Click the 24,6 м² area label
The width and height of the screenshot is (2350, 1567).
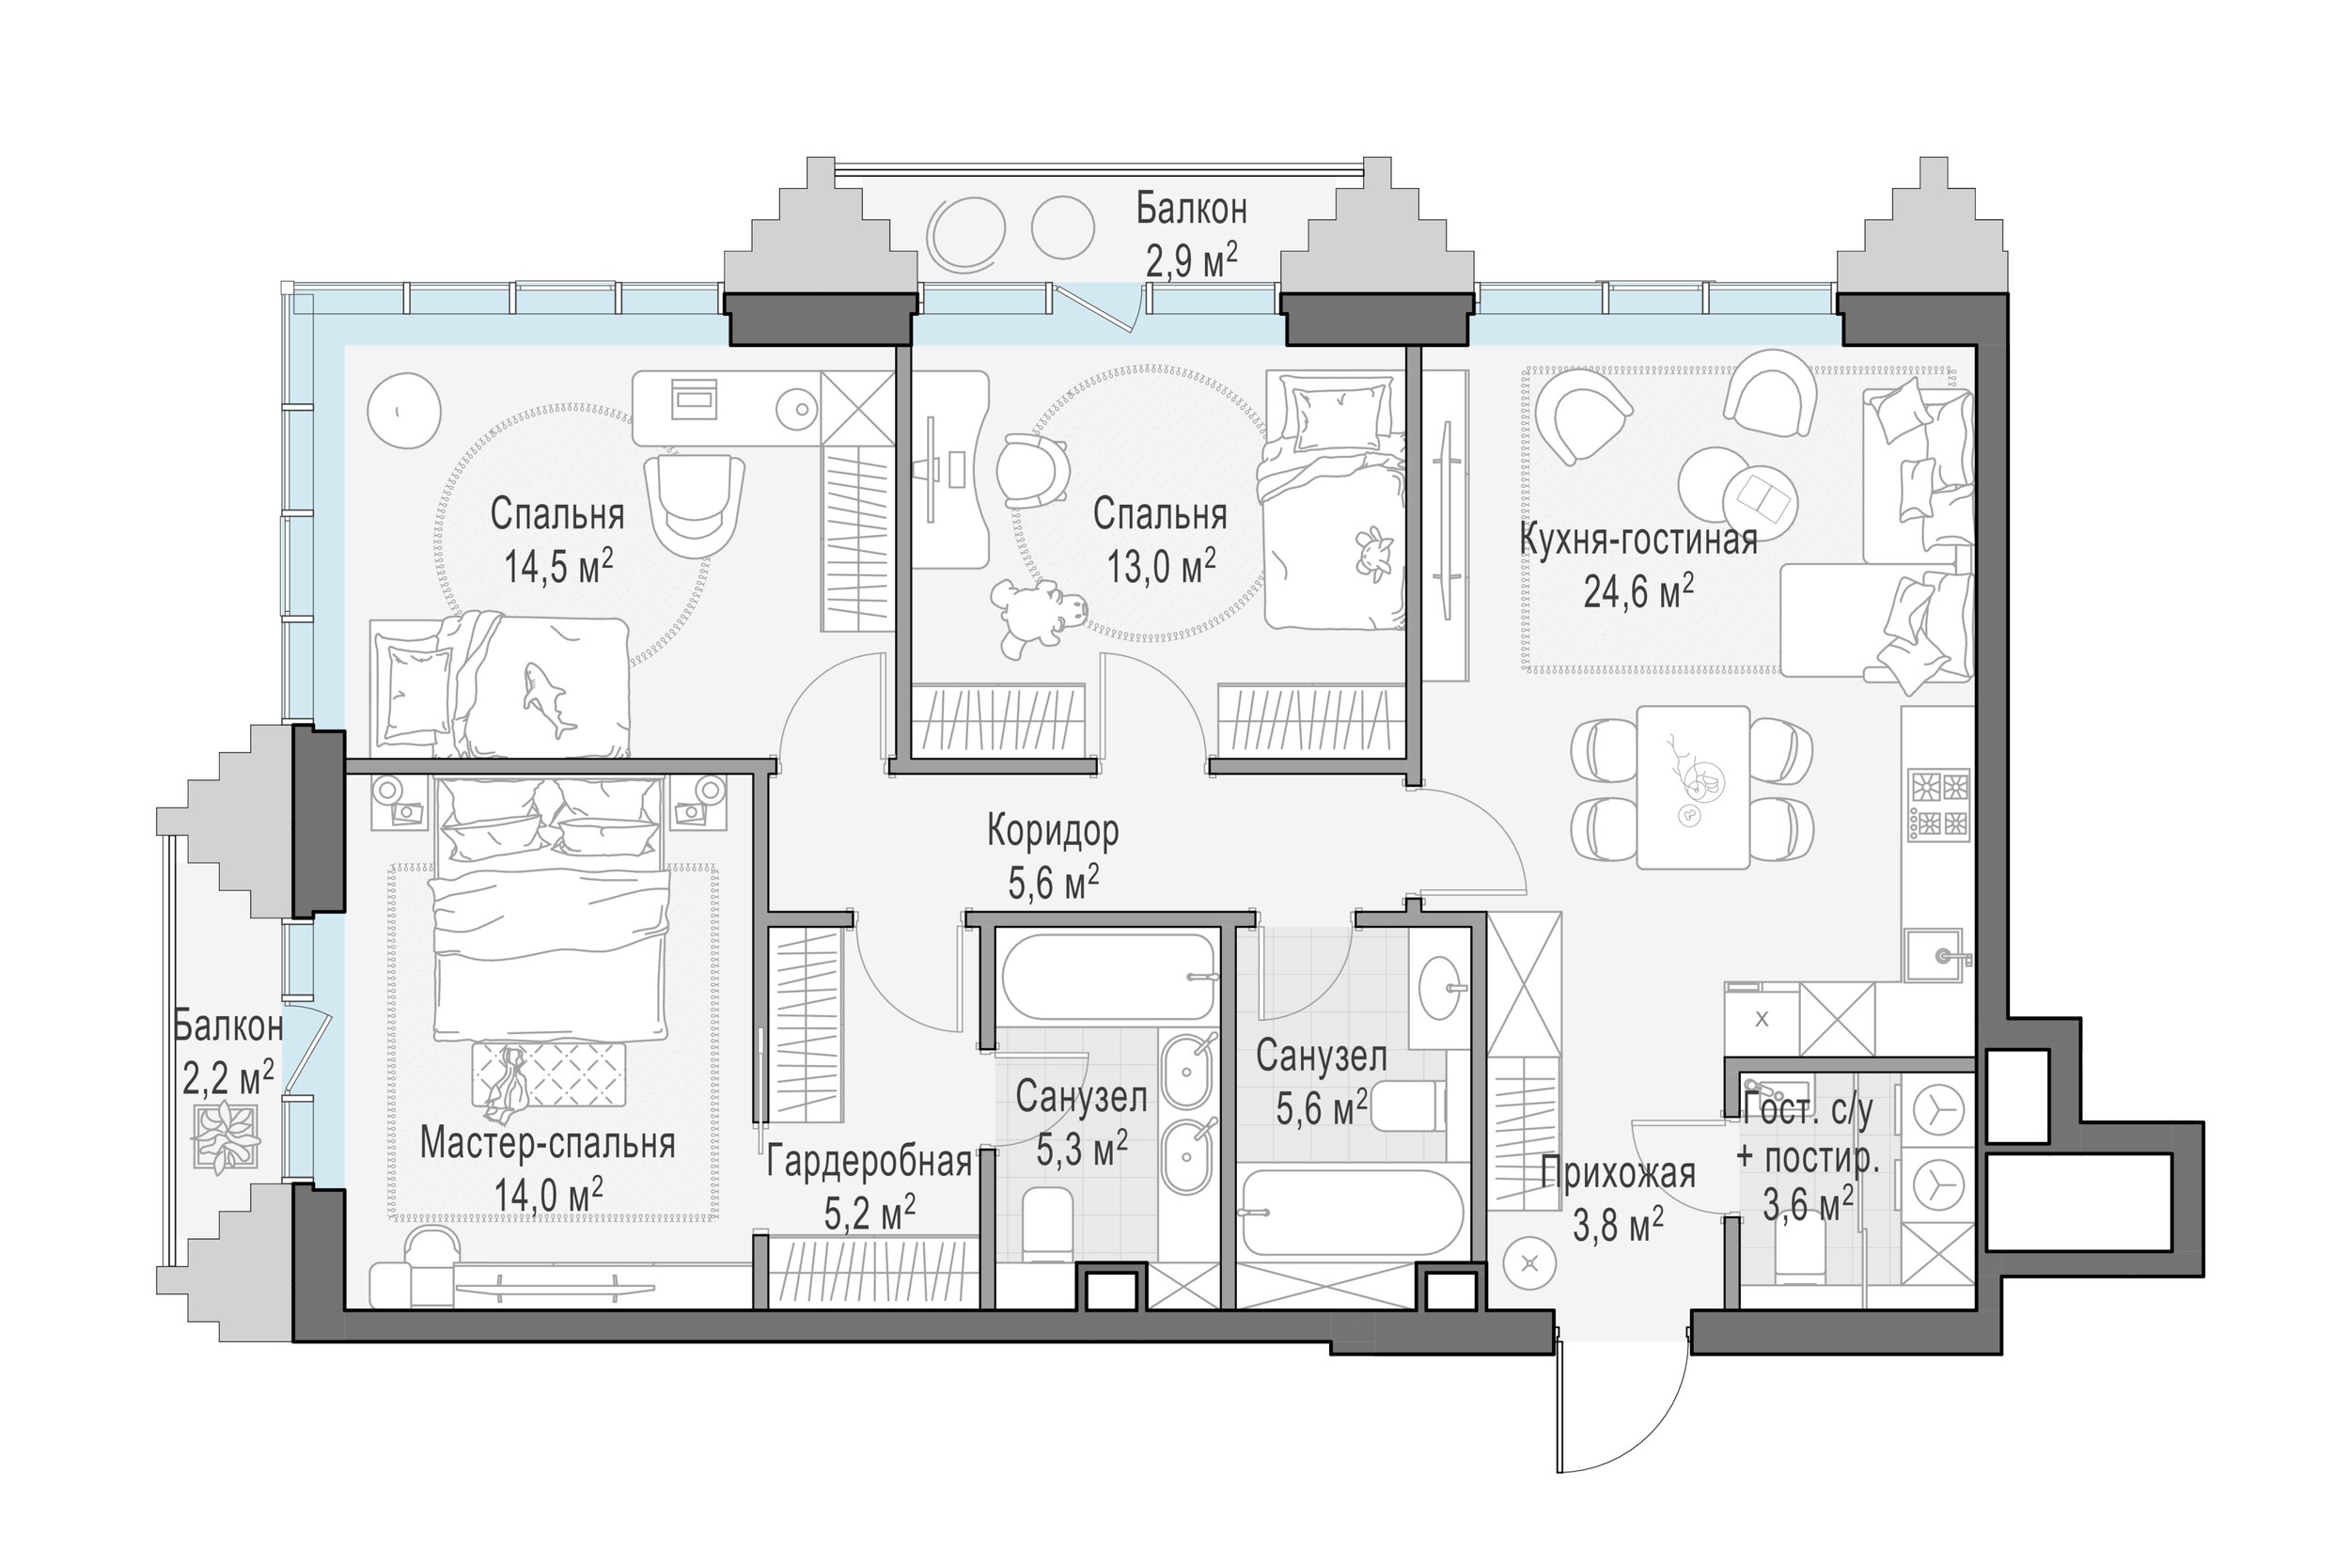click(x=1638, y=592)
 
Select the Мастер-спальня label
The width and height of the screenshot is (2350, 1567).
click(x=547, y=1143)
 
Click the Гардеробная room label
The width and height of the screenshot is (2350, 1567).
click(x=869, y=1161)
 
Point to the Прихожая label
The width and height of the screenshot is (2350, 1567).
click(x=1618, y=1173)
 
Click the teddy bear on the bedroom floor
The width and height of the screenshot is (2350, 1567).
click(x=1037, y=614)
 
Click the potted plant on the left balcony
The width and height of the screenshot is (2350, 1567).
click(x=227, y=1136)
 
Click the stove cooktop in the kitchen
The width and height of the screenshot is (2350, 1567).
click(x=1938, y=804)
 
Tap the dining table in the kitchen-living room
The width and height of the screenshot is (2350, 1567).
click(x=1693, y=788)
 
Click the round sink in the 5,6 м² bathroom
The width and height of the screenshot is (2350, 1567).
click(x=1439, y=986)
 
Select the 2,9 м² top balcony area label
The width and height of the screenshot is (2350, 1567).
click(x=1191, y=262)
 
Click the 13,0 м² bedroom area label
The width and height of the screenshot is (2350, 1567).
click(x=1160, y=567)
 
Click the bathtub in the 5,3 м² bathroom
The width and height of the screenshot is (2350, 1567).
click(x=1107, y=977)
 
